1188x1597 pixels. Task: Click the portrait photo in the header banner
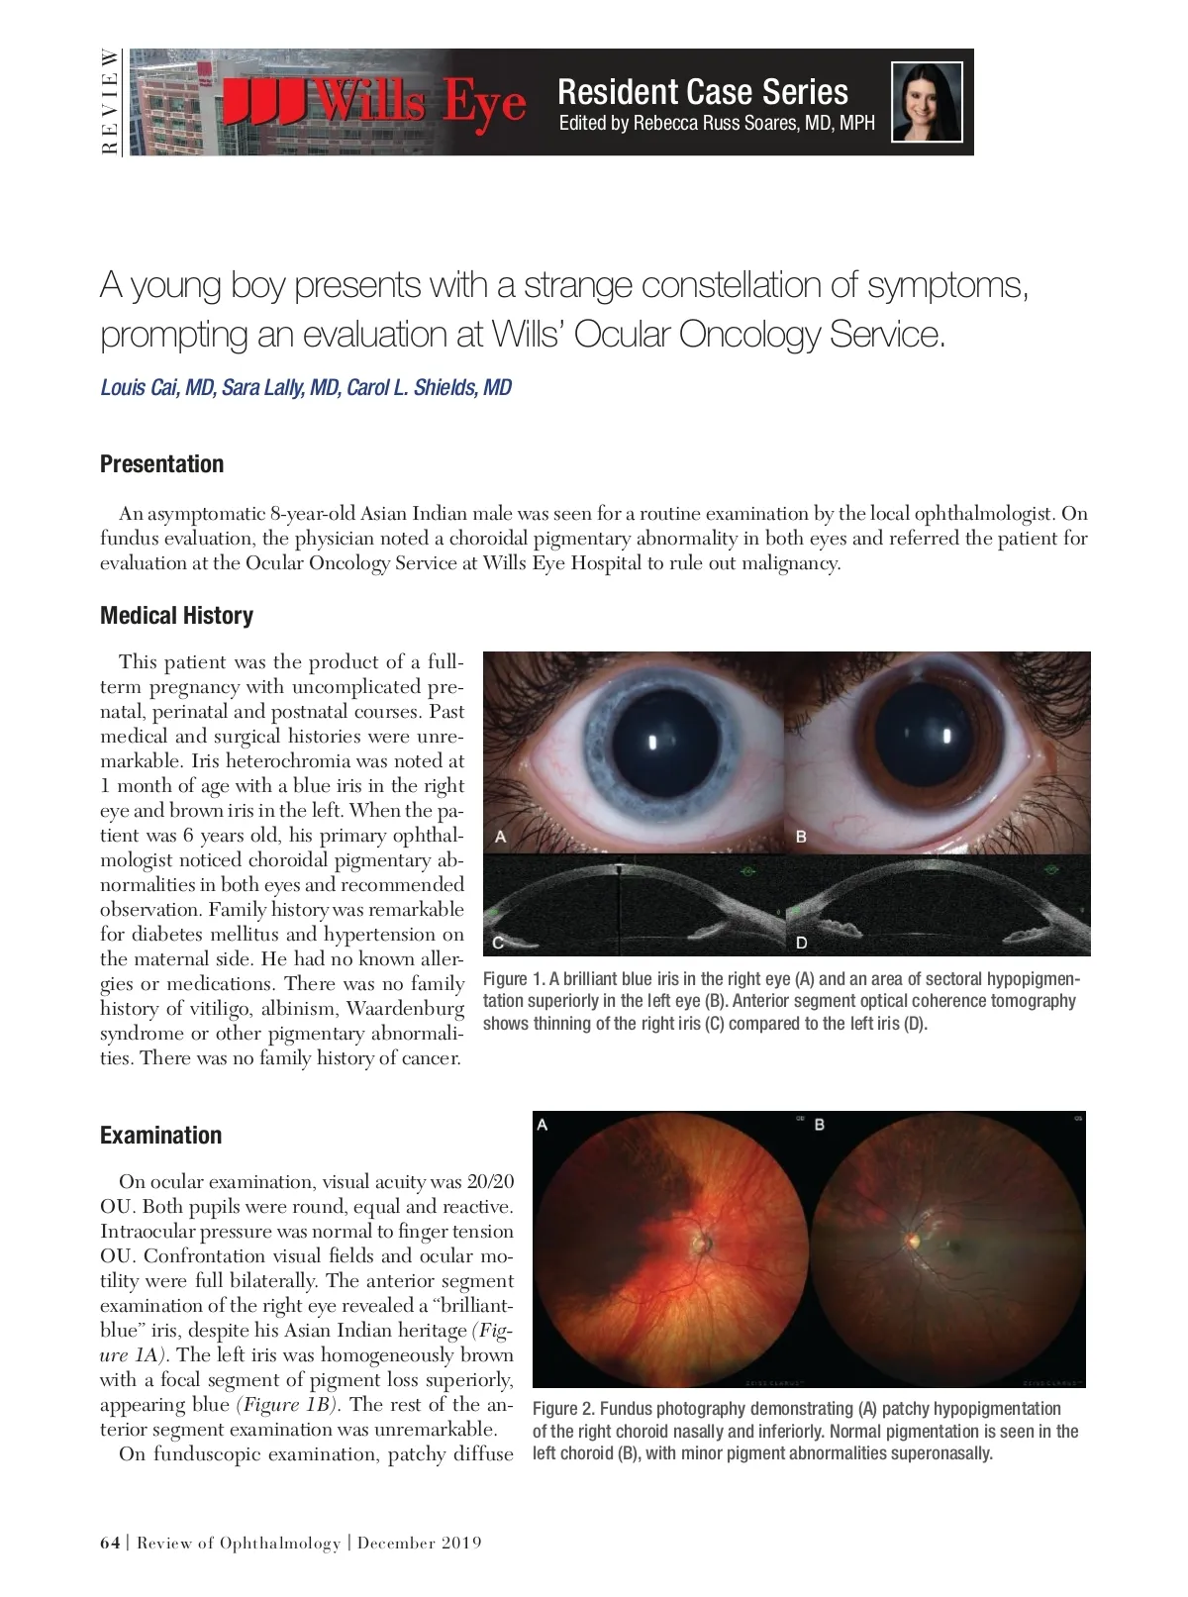pos(927,102)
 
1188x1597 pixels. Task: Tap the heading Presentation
pos(161,464)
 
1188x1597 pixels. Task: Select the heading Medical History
pos(176,616)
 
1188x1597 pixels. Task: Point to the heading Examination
pos(160,1136)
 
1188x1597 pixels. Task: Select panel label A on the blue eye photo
pos(501,837)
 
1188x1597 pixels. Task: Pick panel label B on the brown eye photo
pos(801,837)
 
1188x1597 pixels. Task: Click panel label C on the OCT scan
pos(499,942)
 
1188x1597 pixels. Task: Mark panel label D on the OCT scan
pos(801,942)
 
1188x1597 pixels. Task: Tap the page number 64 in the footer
pos(110,1543)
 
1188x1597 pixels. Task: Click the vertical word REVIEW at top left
pos(110,102)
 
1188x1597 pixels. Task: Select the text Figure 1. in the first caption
pos(514,979)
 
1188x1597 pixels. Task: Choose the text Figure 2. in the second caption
pos(563,1409)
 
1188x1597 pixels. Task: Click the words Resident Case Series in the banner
pos(703,92)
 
